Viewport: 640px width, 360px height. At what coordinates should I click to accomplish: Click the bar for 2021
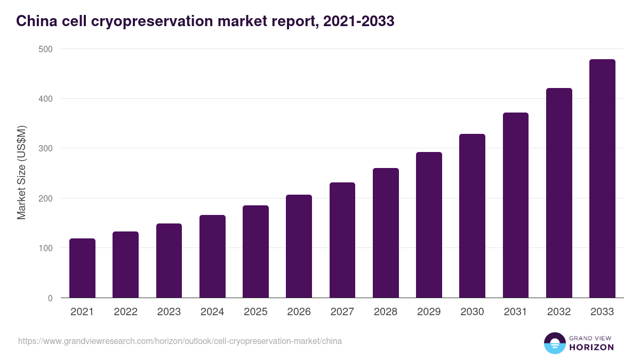82,268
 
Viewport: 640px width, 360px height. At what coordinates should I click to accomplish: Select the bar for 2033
602,179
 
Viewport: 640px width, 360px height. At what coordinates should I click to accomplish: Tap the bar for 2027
342,240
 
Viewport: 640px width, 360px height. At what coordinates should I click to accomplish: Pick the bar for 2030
472,216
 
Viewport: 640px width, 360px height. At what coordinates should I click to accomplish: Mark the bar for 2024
212,257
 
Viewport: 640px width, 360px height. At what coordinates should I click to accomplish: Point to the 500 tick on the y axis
46,49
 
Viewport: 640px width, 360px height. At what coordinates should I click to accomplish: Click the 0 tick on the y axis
50,298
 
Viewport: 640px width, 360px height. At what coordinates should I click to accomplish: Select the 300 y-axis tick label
46,148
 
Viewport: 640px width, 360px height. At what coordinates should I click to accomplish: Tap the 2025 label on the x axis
255,312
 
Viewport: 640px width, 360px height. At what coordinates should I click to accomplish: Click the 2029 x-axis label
429,312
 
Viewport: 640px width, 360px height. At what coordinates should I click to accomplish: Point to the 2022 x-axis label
125,312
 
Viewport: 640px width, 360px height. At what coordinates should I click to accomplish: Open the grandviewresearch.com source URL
180,341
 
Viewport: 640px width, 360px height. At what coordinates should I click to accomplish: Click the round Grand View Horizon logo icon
554,343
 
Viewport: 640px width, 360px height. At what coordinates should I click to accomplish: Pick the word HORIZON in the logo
591,347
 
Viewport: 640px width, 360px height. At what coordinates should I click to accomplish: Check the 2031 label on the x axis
515,312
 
